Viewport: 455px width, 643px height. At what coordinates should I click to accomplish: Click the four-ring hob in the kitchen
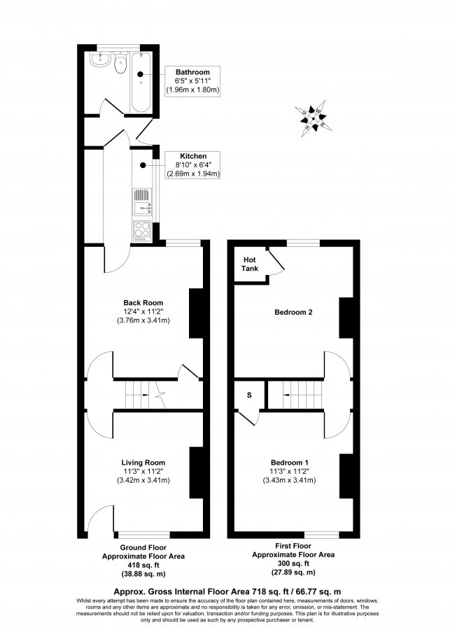pos(141,229)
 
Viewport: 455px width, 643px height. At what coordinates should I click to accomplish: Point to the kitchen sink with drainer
pos(141,201)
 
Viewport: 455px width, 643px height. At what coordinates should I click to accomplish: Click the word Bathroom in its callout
pos(192,72)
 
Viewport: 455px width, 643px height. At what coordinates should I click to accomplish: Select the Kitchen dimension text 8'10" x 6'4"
pos(192,165)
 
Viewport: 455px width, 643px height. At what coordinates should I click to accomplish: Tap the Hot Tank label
pos(250,264)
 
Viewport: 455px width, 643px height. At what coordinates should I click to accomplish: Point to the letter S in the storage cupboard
pos(248,395)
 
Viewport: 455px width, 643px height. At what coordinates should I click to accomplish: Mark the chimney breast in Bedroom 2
pos(345,316)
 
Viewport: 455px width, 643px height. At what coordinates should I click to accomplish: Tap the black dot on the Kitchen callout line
pos(142,166)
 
